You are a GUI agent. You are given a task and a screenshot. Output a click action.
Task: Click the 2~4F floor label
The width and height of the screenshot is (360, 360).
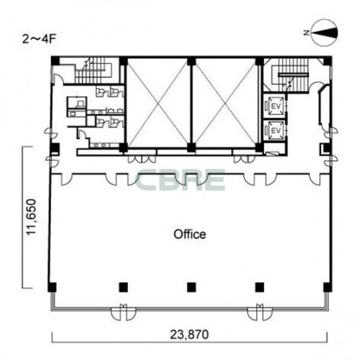pos(39,39)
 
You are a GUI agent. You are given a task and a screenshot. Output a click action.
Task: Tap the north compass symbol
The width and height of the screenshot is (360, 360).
pos(324,33)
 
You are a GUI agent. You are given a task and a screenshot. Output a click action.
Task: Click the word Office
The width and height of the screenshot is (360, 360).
pos(190,234)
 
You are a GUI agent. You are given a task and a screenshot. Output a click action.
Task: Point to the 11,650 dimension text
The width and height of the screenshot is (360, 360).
pos(32,217)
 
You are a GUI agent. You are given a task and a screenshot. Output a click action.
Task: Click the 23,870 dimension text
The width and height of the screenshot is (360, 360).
pos(189,334)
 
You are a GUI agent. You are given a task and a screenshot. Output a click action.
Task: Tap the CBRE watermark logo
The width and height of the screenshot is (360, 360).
pos(180,180)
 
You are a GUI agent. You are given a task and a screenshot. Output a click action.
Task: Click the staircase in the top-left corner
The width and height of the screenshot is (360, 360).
pos(93,71)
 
